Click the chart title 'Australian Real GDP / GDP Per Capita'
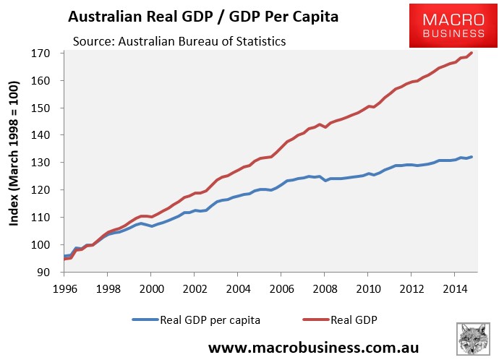coord(203,17)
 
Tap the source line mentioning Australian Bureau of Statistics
coord(179,41)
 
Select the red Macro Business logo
coord(453,26)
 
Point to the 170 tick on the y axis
coord(40,53)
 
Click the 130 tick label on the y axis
coord(40,163)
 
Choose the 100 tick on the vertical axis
coord(40,244)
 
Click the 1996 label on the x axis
coord(64,288)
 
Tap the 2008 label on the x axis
coord(325,288)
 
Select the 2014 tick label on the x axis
coord(455,288)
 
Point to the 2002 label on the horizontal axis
coord(195,288)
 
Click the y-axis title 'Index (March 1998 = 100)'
coord(14,153)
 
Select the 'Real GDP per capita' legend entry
coord(197,320)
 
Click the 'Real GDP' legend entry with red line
coord(340,320)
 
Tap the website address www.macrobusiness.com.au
coord(313,347)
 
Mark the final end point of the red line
coord(472,53)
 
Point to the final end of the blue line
coord(472,157)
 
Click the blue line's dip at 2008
coord(325,180)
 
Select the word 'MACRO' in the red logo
coord(453,20)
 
